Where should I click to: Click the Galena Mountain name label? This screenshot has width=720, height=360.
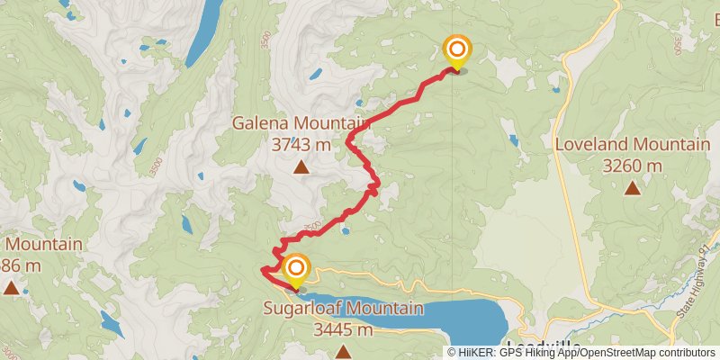(301, 123)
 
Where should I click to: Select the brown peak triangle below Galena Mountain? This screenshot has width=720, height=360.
(301, 166)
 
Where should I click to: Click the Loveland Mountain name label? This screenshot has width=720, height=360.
(632, 145)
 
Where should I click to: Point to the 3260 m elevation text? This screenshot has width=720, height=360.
(632, 165)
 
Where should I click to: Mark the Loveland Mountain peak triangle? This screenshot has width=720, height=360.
(633, 187)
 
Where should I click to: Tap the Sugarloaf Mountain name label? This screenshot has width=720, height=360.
(343, 309)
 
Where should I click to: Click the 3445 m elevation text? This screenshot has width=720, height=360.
(343, 329)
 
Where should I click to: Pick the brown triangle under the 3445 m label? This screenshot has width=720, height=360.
(343, 349)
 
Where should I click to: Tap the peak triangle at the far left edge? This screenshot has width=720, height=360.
(10, 288)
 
